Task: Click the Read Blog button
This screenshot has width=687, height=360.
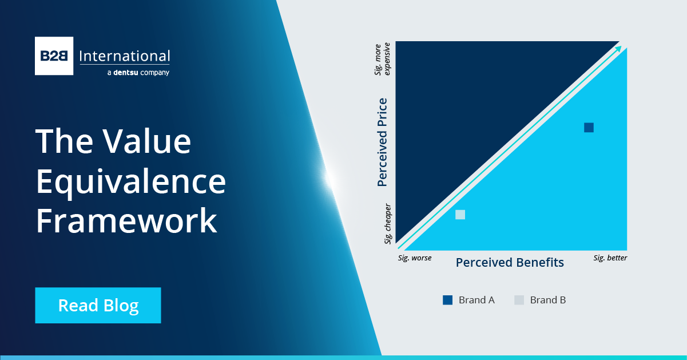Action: pyautogui.click(x=98, y=306)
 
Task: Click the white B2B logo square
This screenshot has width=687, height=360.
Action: pyautogui.click(x=54, y=56)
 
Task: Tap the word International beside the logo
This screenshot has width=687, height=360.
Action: pyautogui.click(x=124, y=56)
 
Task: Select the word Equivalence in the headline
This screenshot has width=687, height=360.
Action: pyautogui.click(x=130, y=181)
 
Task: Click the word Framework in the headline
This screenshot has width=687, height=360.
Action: pyautogui.click(x=126, y=221)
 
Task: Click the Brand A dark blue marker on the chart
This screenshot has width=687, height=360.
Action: pyautogui.click(x=589, y=128)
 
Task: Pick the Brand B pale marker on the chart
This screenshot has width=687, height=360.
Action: pyautogui.click(x=460, y=215)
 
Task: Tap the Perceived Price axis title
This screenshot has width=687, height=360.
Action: pyautogui.click(x=383, y=143)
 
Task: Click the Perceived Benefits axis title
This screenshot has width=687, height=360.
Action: pyautogui.click(x=510, y=263)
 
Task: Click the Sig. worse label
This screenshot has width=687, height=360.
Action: pyautogui.click(x=415, y=258)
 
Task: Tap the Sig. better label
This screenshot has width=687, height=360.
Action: pyautogui.click(x=610, y=258)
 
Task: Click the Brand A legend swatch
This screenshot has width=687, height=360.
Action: pyautogui.click(x=447, y=300)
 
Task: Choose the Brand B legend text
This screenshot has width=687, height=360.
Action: pyautogui.click(x=547, y=300)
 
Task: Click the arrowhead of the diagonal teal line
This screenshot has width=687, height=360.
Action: pyautogui.click(x=619, y=49)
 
